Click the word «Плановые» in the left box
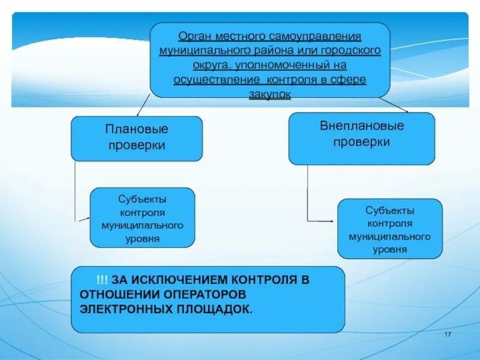pos(137,129)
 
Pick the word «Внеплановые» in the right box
pos(362,126)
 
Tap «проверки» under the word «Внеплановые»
pos(362,142)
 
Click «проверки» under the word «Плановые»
pos(137,145)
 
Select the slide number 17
pos(447,334)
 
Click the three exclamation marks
pos(101,280)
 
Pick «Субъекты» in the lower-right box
pos(389,210)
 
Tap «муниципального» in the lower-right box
pos(389,236)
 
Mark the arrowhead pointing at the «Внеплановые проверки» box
pos(407,111)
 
